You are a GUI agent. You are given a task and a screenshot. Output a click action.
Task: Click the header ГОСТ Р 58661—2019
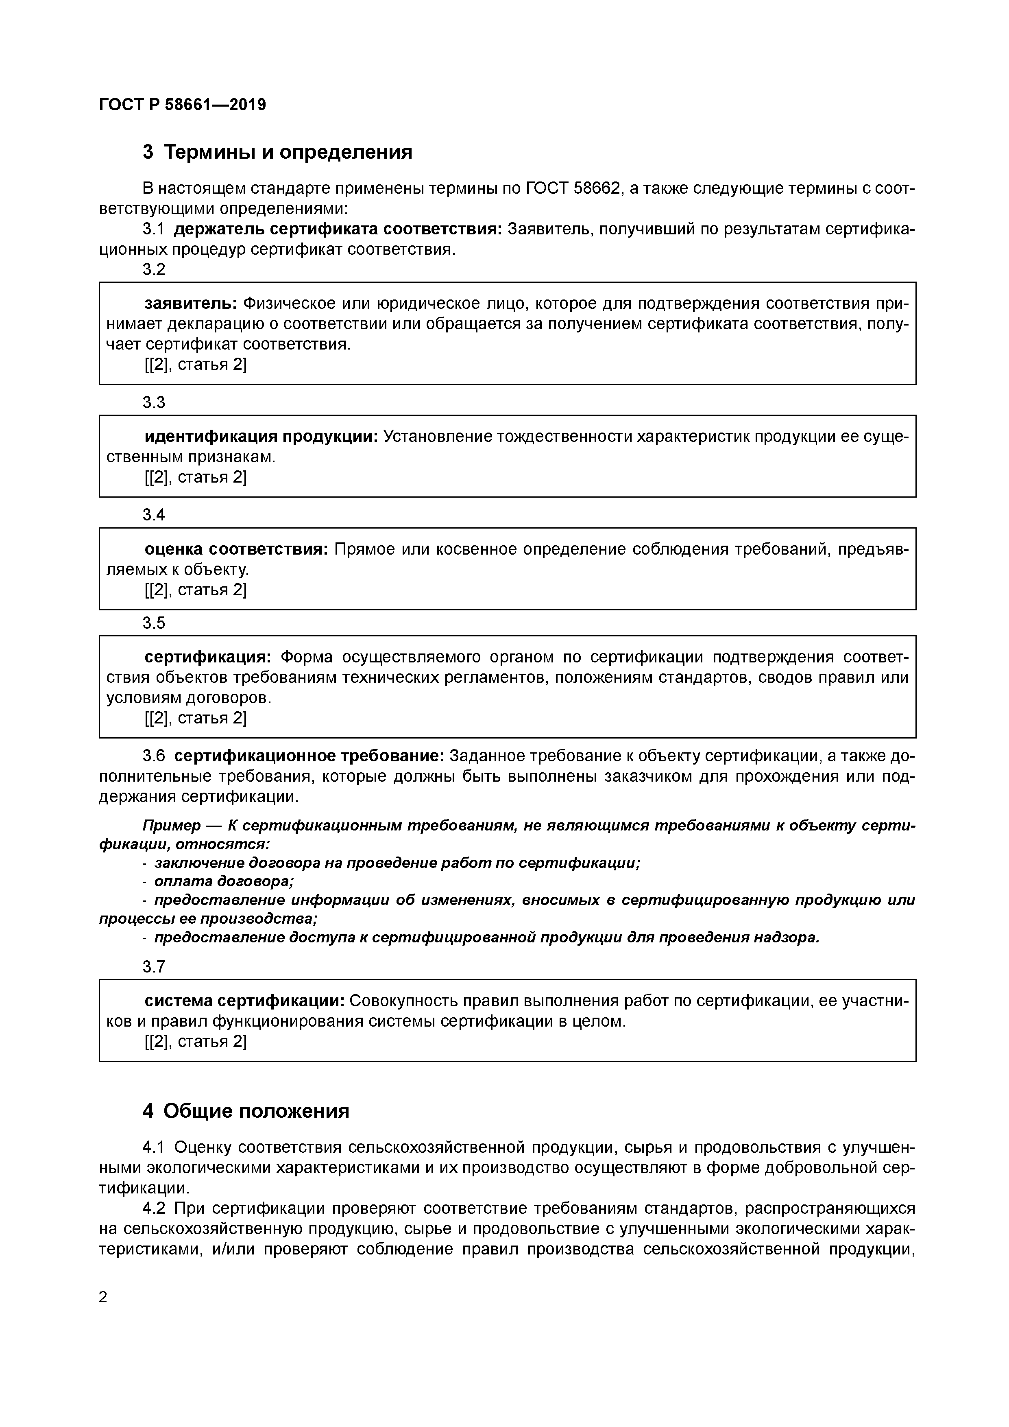[182, 105]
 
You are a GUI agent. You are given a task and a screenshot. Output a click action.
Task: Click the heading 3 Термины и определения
[277, 152]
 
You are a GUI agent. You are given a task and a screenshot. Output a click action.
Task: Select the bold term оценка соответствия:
[236, 549]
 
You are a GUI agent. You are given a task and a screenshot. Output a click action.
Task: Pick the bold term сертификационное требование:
[309, 756]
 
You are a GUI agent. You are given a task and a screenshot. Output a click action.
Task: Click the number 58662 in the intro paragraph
[597, 188]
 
